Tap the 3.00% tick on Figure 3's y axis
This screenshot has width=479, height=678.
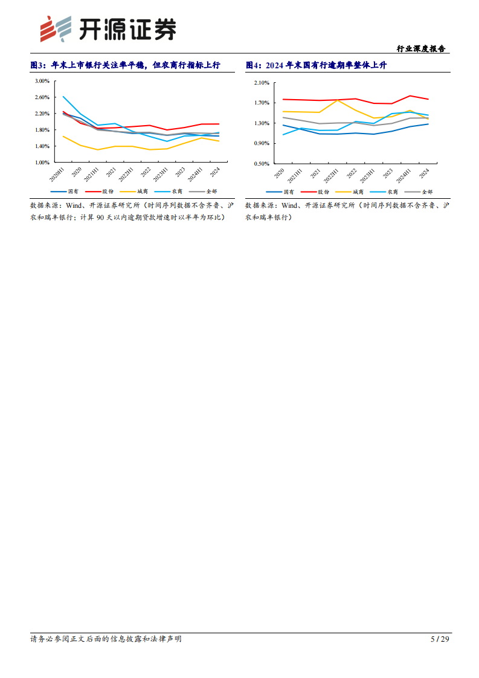42,80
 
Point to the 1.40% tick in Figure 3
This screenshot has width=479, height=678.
42,146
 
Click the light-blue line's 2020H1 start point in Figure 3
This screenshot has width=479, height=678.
63,96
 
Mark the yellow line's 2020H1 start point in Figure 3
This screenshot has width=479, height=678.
63,136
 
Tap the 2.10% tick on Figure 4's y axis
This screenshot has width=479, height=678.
261,82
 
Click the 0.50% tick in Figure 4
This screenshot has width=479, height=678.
261,164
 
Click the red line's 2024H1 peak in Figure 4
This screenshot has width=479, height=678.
410,95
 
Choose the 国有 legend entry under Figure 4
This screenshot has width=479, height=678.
286,192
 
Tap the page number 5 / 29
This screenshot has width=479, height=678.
440,639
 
